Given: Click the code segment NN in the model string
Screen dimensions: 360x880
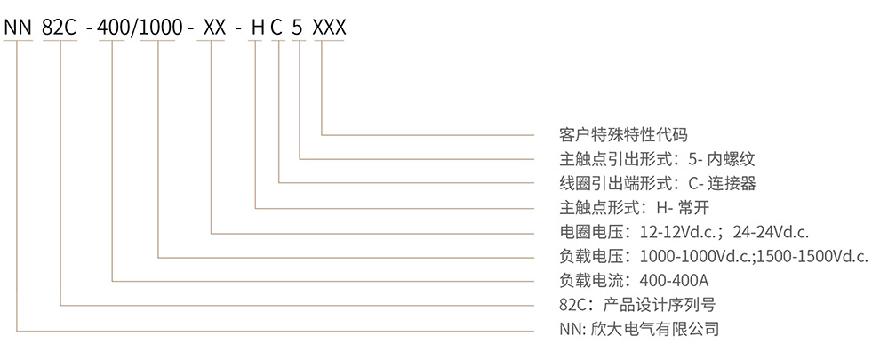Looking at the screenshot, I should [x=17, y=27].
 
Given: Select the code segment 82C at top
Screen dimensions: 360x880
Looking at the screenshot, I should [x=59, y=27].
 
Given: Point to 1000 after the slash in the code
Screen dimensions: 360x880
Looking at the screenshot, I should [x=159, y=27].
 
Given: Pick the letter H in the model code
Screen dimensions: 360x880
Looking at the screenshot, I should [x=257, y=27].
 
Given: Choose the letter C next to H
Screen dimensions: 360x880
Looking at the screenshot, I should [x=277, y=27].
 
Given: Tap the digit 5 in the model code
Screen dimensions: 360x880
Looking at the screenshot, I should [x=300, y=27].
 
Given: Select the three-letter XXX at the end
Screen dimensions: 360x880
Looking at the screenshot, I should [x=331, y=27].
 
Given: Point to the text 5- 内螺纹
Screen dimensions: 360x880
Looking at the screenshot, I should [x=721, y=160].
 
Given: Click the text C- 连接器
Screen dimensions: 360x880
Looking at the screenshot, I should [x=721, y=184].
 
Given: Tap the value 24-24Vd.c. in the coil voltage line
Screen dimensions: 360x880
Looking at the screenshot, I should [x=770, y=233].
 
